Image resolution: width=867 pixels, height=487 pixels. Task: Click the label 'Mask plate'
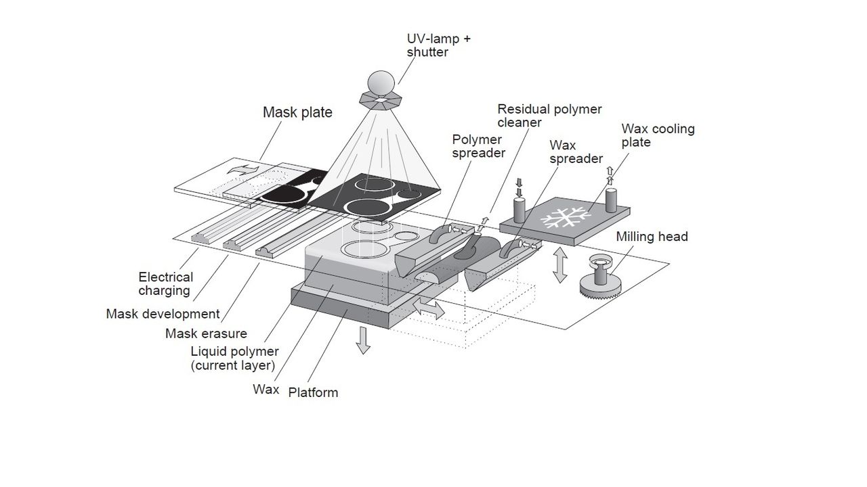click(x=297, y=112)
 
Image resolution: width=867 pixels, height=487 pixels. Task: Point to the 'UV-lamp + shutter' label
click(x=438, y=45)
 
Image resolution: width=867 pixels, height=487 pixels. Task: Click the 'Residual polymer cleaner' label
click(x=549, y=116)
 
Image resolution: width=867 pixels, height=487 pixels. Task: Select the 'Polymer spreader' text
click(x=478, y=146)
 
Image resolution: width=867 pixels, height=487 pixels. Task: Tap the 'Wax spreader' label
click(x=576, y=152)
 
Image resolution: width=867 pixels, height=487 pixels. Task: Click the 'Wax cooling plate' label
click(x=658, y=135)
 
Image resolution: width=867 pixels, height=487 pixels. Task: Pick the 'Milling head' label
click(x=652, y=237)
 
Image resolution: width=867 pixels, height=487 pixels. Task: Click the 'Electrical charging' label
click(x=165, y=284)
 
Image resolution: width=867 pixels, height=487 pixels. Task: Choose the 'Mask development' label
click(x=163, y=314)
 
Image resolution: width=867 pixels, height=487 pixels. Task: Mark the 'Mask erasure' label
click(x=206, y=333)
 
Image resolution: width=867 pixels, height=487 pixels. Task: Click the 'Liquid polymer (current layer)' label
click(x=234, y=358)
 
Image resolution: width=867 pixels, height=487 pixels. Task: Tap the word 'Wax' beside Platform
click(x=266, y=390)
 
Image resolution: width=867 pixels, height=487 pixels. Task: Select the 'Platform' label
click(x=313, y=392)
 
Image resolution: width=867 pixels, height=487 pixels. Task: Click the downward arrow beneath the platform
click(x=364, y=340)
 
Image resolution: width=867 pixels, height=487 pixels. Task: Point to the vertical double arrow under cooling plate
click(x=559, y=264)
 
